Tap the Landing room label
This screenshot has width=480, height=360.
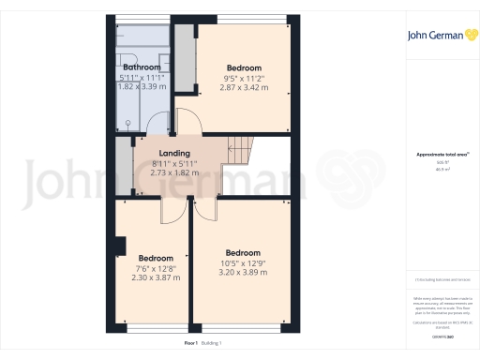(x=174, y=153)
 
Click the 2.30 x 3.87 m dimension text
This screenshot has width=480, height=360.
(x=155, y=277)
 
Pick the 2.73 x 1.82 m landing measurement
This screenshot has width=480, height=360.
(x=174, y=173)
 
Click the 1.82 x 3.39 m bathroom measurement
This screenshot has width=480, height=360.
(x=142, y=86)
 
